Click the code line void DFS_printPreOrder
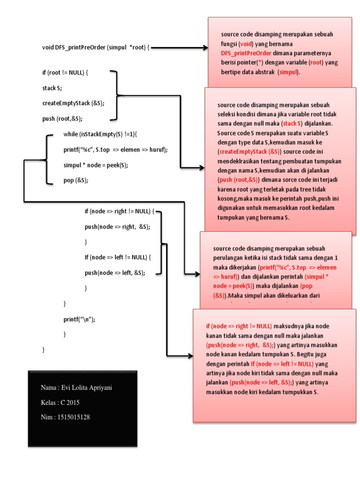pyautogui.click(x=96, y=47)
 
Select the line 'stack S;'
pyautogui.click(x=52, y=88)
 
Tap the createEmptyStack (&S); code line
pyautogui.click(x=73, y=103)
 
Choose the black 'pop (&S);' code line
pyautogui.click(x=76, y=180)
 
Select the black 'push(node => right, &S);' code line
pyautogui.click(x=118, y=227)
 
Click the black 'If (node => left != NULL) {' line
pyautogui.click(x=118, y=257)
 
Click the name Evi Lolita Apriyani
pyautogui.click(x=86, y=388)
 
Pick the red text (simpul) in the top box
pyautogui.click(x=289, y=72)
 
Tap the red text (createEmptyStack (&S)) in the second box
pyautogui.click(x=249, y=152)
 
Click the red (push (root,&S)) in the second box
pyautogui.click(x=238, y=180)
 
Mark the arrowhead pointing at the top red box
pyautogui.click(x=204, y=47)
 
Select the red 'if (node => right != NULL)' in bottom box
pyautogui.click(x=239, y=326)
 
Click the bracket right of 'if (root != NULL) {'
pyautogui.click(x=116, y=95)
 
